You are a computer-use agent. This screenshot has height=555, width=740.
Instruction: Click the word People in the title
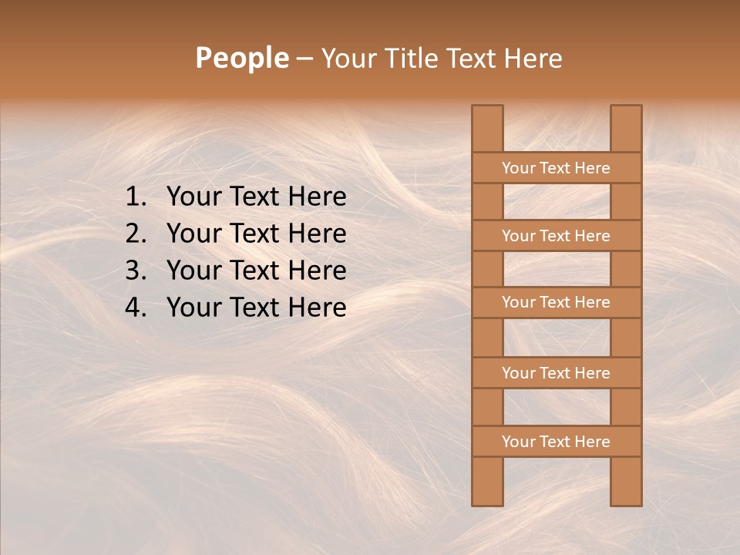pos(241,58)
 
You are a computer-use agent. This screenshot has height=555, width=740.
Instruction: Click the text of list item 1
pos(256,197)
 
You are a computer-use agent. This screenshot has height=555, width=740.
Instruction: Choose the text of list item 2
pos(256,234)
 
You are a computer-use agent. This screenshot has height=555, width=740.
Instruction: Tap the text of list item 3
pos(256,271)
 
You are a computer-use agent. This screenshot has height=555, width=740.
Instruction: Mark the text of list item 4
pos(256,308)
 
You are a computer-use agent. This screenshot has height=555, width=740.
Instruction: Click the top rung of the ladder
pos(556,168)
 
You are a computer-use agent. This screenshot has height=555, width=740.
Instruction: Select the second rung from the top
pos(556,236)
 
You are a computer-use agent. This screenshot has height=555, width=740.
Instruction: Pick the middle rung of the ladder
pos(556,303)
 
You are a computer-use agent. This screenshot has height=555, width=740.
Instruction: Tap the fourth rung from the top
pos(556,373)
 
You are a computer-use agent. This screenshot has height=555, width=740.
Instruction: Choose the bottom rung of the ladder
pos(556,442)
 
